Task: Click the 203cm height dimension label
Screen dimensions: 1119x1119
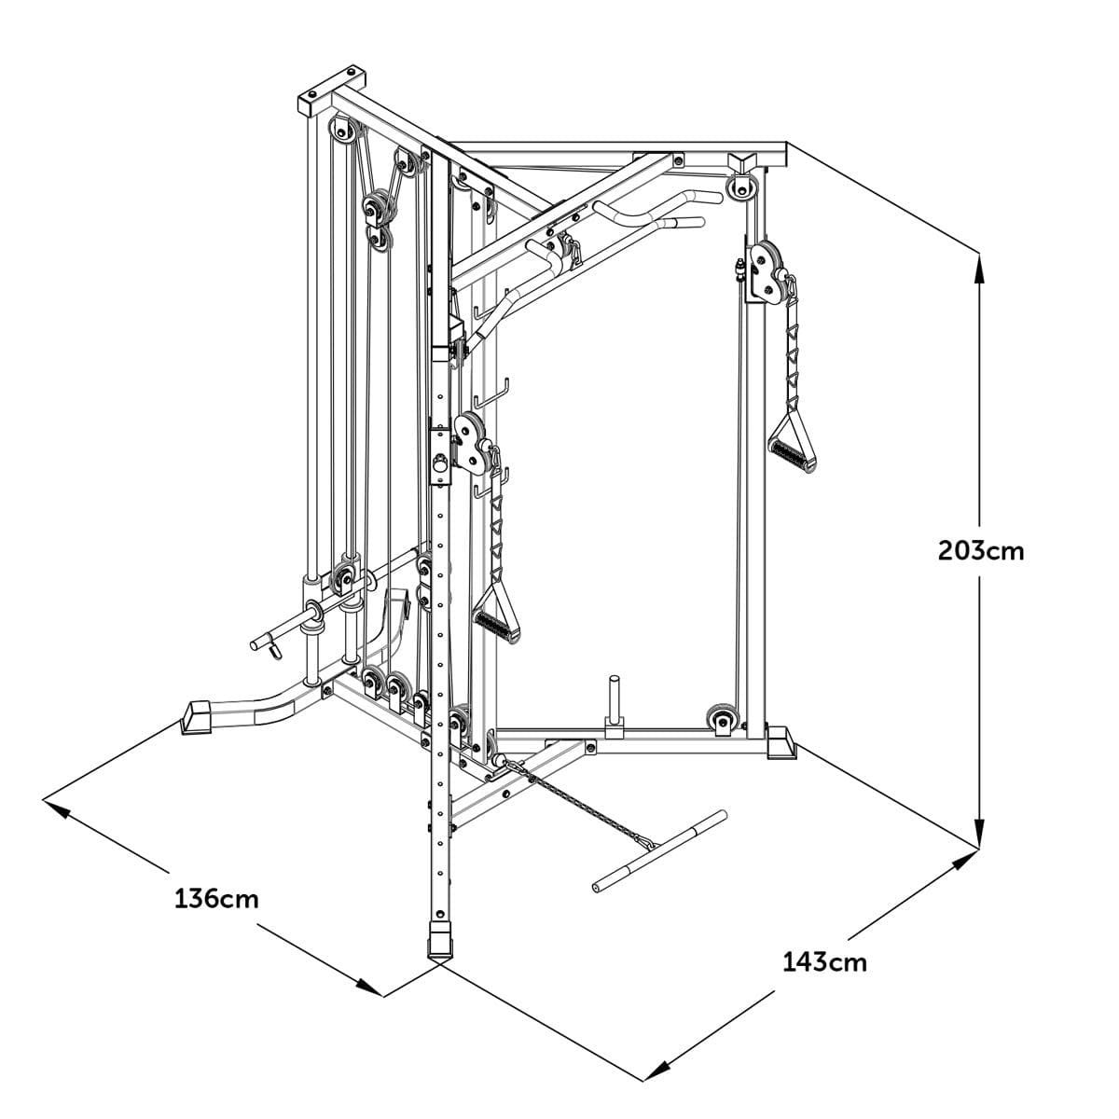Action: [980, 551]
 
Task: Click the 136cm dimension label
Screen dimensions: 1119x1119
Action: [216, 899]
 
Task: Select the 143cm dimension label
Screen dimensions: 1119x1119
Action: [824, 961]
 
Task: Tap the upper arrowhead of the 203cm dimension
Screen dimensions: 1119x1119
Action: [979, 266]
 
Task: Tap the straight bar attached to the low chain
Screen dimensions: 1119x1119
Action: [657, 850]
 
